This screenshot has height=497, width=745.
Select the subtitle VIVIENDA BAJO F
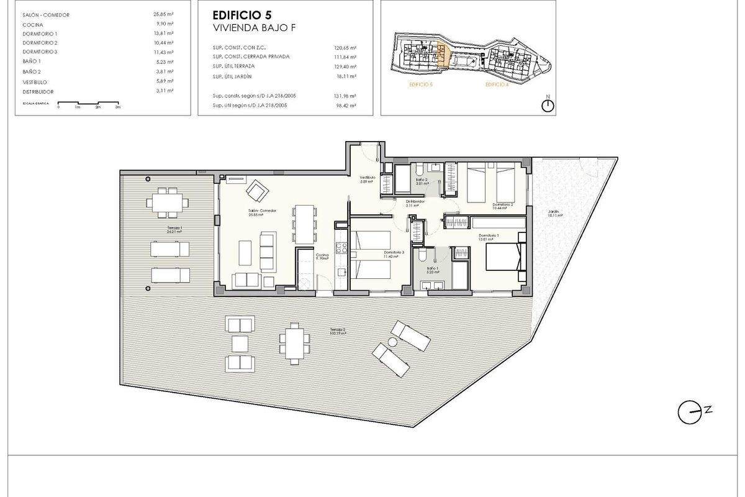coord(247,28)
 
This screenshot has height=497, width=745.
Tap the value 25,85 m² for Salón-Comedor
coord(163,14)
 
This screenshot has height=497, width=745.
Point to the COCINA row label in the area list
coord(32,24)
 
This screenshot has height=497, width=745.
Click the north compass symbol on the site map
coord(547,105)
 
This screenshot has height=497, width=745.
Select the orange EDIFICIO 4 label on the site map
coord(497,84)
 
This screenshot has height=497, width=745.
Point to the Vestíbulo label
coord(368,178)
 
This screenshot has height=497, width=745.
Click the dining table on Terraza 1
coord(166,202)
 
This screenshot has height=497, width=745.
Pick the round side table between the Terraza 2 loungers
coord(392,343)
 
